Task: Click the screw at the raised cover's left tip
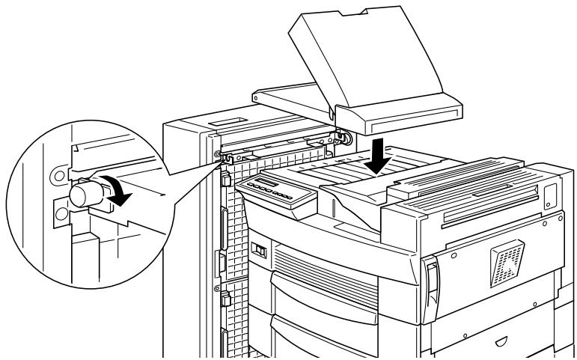point(257,96)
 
